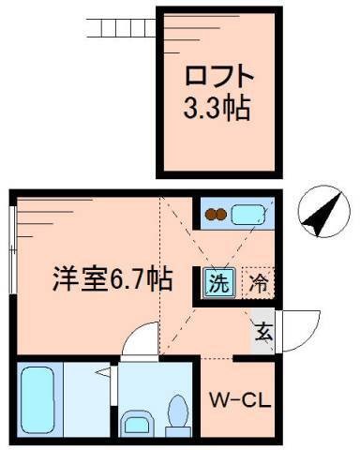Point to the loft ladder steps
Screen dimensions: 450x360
(119, 24)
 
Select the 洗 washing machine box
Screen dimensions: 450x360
(217, 280)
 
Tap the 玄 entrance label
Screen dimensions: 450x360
(263, 330)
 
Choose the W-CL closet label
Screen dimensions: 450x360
(240, 400)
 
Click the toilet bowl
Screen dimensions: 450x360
(177, 410)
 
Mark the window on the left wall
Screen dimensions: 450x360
(11, 244)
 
